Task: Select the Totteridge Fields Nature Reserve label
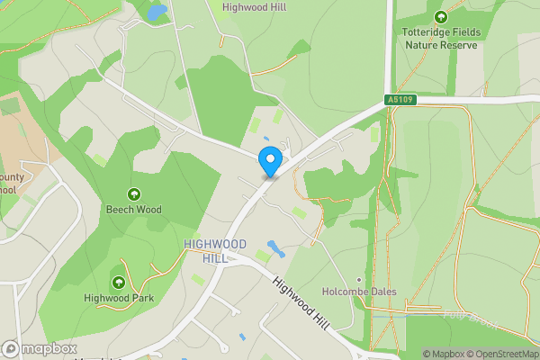point(440,38)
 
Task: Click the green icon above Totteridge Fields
point(440,17)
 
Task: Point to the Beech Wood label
point(134,210)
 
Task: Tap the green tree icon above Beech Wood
point(134,193)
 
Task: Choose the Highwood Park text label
point(118,298)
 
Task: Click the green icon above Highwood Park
point(118,283)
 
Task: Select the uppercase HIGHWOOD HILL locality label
point(214,251)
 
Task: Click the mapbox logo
point(40,348)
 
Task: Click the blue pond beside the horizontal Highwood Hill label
point(157,13)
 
